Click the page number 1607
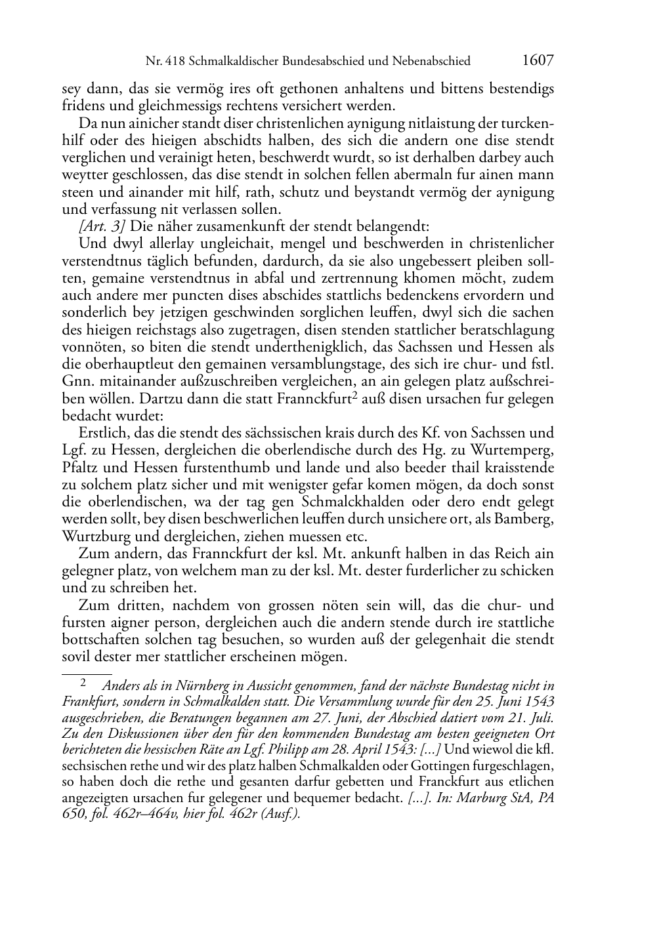pos(539,60)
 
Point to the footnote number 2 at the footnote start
pos(83,683)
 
